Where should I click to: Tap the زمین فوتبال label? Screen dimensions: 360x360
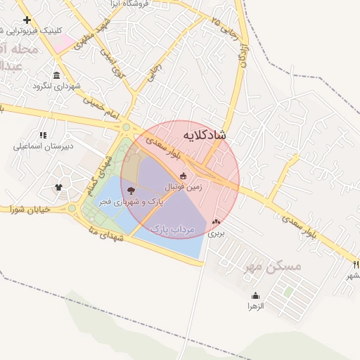pyautogui.click(x=184, y=188)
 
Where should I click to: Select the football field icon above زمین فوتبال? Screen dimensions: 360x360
pyautogui.click(x=184, y=176)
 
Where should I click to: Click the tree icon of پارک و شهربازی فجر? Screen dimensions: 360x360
pyautogui.click(x=131, y=190)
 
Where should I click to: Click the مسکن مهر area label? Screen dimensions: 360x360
pyautogui.click(x=275, y=266)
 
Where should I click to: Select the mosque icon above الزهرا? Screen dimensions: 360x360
pyautogui.click(x=255, y=295)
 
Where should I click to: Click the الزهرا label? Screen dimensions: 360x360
pyautogui.click(x=255, y=307)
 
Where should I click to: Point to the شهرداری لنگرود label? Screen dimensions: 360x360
pyautogui.click(x=57, y=86)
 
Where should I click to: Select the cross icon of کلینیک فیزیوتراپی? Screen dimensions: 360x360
pyautogui.click(x=27, y=20)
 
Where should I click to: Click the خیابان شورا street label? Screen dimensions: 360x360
pyautogui.click(x=32, y=209)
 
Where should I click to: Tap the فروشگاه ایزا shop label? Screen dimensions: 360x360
pyautogui.click(x=144, y=4)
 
